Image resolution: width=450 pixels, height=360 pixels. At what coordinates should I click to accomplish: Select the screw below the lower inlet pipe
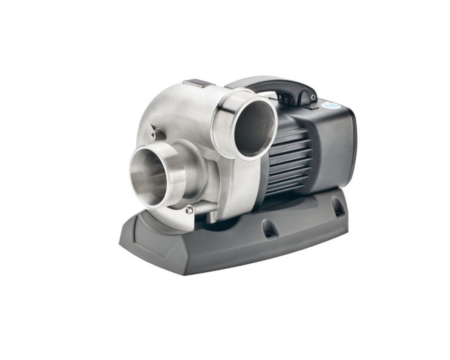[x=190, y=210]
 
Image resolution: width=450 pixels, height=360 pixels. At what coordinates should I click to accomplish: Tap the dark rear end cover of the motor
[x=337, y=148]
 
